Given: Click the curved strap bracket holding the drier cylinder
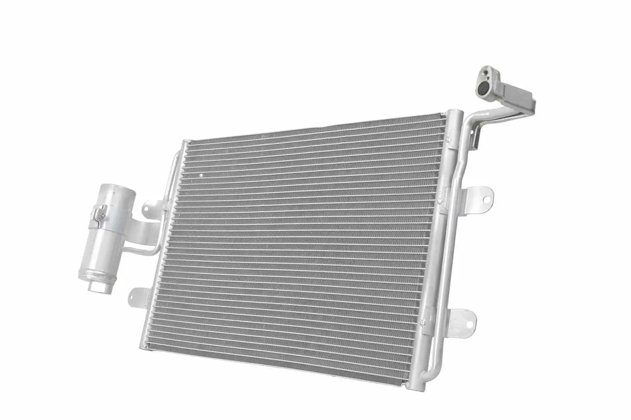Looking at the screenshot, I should (139, 229).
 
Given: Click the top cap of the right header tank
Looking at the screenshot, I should (455, 113).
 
